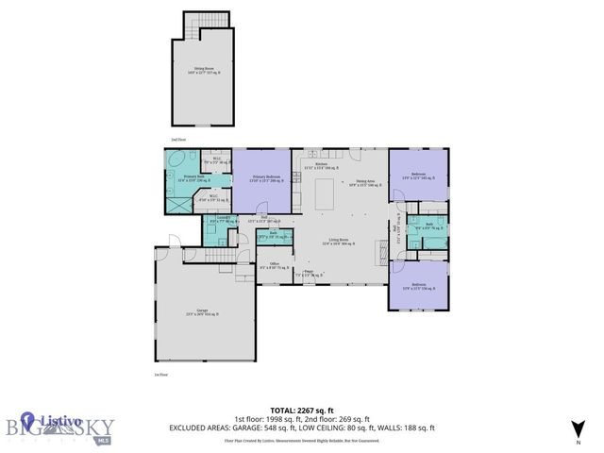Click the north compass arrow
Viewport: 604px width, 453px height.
577,428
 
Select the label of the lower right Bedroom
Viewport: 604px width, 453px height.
419,285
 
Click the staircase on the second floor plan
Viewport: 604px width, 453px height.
193,31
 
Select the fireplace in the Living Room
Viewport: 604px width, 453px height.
383,249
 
